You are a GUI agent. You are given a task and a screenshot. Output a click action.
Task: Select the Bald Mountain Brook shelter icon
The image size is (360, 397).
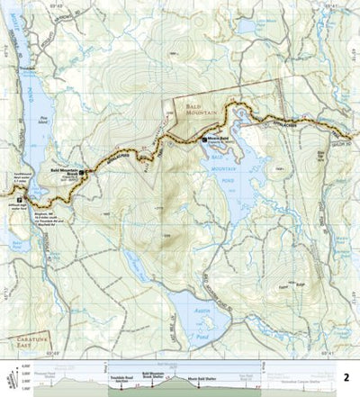[81, 171]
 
